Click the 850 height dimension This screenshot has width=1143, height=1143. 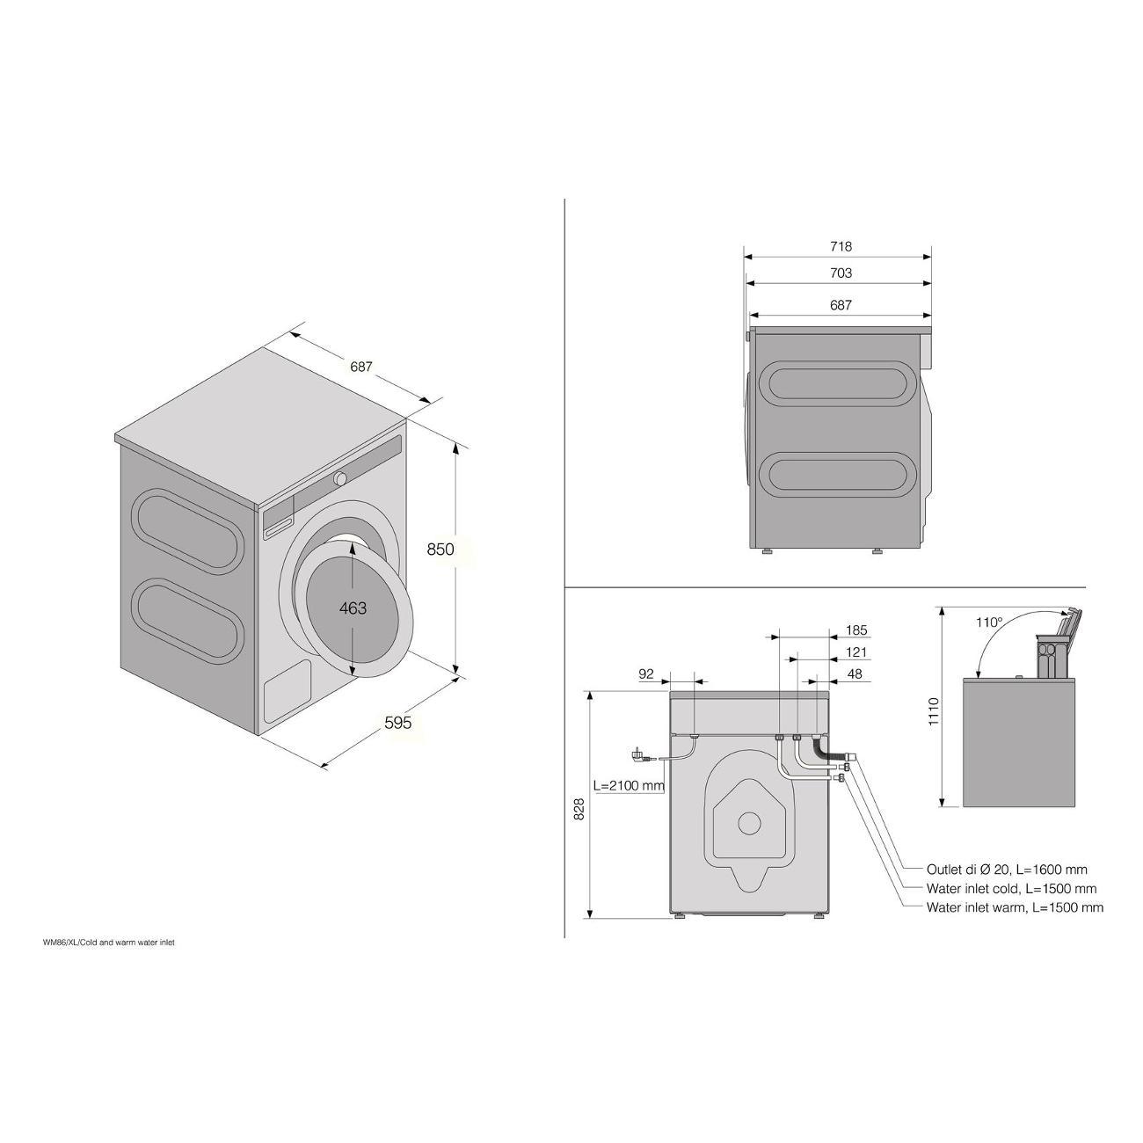(440, 550)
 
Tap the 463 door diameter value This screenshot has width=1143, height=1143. (353, 608)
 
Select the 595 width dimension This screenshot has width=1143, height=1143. (397, 723)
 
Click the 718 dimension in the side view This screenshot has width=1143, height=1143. (841, 246)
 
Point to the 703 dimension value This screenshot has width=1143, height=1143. (841, 273)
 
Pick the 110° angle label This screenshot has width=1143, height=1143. (989, 622)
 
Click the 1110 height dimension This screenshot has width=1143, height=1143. (934, 712)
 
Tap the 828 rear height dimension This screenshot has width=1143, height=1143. (579, 809)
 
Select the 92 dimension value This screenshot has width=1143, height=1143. (646, 673)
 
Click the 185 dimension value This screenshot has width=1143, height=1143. (856, 630)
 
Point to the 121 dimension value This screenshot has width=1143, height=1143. (856, 652)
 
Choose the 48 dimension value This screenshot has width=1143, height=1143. (855, 673)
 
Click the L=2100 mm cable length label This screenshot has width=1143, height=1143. (629, 785)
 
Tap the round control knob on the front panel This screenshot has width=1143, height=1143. (340, 478)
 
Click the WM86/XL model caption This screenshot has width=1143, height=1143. (108, 942)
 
